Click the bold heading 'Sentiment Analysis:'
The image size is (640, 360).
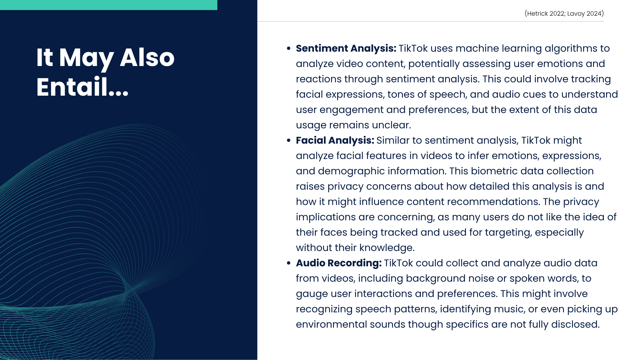point(346,49)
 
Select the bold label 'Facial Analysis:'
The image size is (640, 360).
point(335,141)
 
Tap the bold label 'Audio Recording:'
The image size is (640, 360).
point(339,263)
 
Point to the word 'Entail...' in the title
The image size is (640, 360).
point(82,87)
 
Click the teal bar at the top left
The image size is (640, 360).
point(109,5)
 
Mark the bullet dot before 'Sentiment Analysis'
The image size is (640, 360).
point(289,49)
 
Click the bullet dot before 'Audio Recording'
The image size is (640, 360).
point(289,263)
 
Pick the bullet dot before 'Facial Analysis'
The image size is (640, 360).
point(289,141)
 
